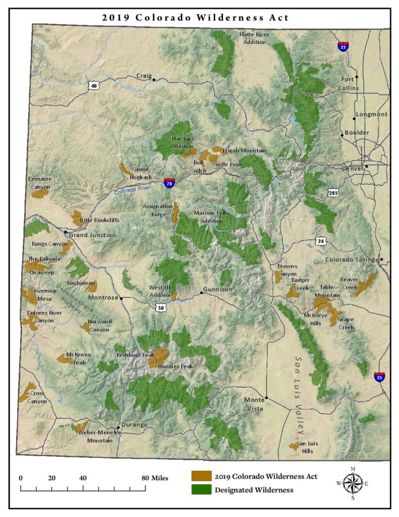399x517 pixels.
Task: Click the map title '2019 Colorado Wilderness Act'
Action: click(196, 17)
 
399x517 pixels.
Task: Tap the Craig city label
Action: click(144, 76)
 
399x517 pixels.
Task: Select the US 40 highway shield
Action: click(93, 86)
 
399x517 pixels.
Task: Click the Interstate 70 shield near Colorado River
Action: click(169, 183)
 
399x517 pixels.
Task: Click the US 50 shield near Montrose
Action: click(160, 307)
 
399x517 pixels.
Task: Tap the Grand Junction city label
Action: click(92, 235)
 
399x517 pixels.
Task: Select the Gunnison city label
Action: click(217, 289)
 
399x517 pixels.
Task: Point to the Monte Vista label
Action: click(254, 404)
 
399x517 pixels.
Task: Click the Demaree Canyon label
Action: click(40, 183)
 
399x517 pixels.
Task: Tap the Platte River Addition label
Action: click(253, 38)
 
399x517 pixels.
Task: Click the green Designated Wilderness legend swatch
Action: click(201, 489)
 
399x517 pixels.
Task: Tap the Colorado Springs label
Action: click(352, 260)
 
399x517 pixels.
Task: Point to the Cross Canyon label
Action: click(37, 397)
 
